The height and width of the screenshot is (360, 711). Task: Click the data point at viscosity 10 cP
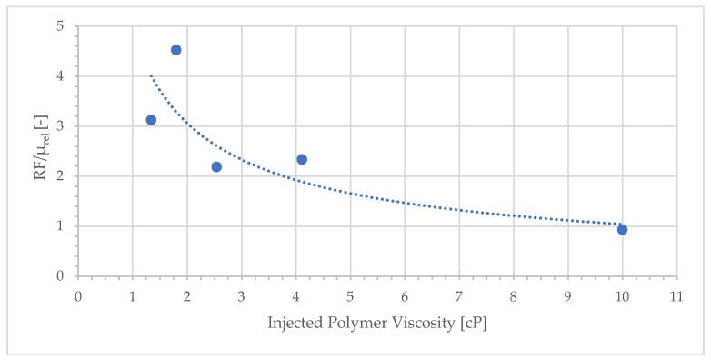tap(622, 229)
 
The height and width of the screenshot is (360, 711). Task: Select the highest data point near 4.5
tap(176, 50)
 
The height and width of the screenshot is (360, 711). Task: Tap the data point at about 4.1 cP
tap(302, 159)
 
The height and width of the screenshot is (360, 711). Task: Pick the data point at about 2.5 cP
tap(216, 166)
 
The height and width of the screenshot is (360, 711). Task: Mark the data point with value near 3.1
tap(151, 120)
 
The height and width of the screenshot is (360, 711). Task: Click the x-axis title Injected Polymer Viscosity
tap(377, 325)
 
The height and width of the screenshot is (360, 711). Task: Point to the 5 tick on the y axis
tap(60, 26)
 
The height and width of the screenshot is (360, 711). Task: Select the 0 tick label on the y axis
tap(60, 276)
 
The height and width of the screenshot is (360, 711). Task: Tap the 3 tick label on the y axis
tap(60, 126)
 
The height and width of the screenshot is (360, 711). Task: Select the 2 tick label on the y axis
tap(60, 176)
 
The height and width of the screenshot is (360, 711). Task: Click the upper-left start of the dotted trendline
tap(151, 75)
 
